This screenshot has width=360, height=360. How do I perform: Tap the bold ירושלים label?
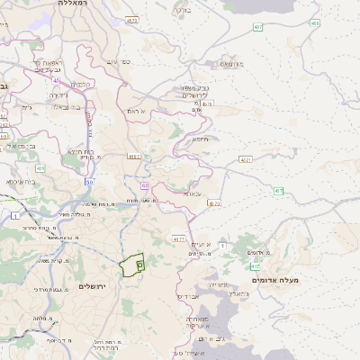click(93, 286)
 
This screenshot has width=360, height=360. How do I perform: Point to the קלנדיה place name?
click(81, 84)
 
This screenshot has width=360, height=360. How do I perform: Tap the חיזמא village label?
click(200, 139)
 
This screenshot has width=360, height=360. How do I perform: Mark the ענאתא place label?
click(193, 193)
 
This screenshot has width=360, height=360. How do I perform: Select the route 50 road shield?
click(89, 182)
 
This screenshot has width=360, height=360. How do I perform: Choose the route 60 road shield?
click(145, 186)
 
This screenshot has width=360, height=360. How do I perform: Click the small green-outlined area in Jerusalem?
click(132, 265)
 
